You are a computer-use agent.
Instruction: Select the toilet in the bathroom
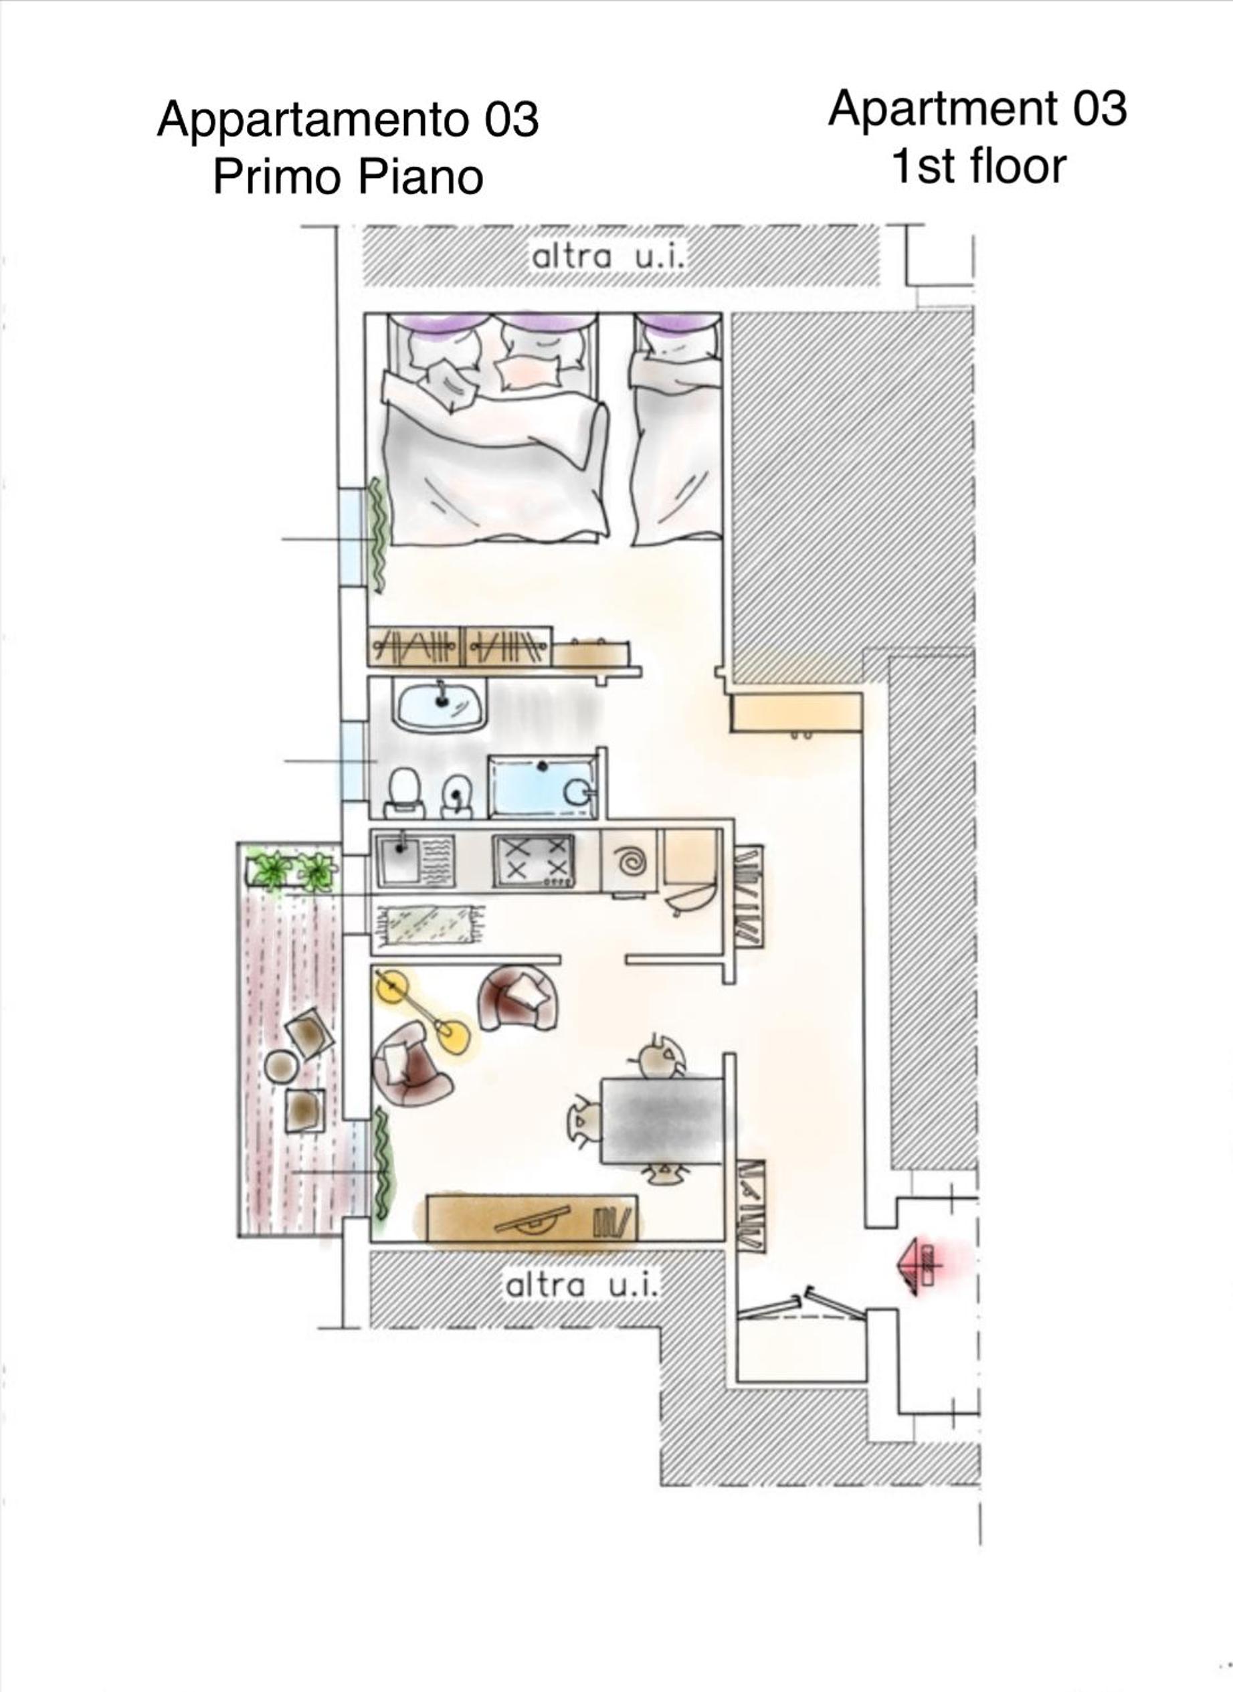coord(405,793)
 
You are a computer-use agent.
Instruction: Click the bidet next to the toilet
coord(456,795)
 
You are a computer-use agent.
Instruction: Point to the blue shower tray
coord(543,787)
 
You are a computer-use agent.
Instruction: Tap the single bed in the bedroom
coord(676,429)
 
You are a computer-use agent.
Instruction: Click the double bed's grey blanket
coord(494,470)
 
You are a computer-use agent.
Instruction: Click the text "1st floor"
coord(979,166)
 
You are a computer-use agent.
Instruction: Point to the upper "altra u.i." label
coord(607,257)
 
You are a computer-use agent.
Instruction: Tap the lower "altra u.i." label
coord(581,1285)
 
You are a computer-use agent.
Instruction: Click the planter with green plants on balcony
coord(292,869)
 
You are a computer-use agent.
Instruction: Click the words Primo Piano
coord(348,177)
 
